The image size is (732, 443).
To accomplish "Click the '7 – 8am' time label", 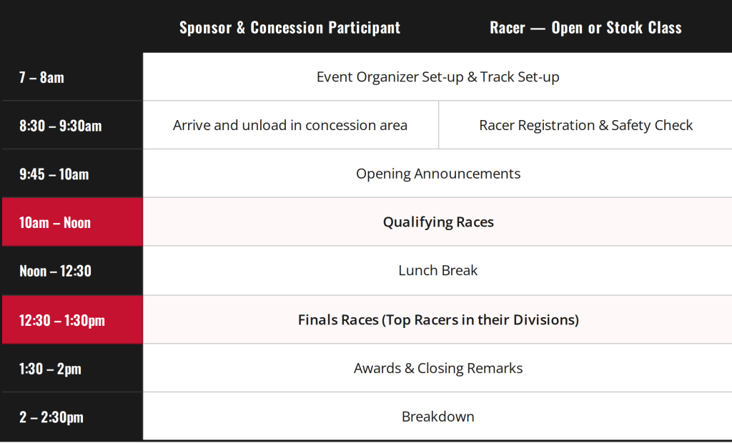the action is click(x=41, y=77).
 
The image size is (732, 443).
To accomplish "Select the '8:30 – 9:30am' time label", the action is click(x=60, y=126).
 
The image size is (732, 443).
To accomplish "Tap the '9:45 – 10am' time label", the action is click(x=54, y=174).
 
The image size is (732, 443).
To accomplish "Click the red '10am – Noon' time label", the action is click(x=54, y=223).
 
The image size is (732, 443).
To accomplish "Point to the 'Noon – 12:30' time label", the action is click(x=55, y=272).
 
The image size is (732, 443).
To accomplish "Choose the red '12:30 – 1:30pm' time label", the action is click(x=61, y=320).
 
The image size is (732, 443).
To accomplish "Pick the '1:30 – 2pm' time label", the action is click(x=50, y=369).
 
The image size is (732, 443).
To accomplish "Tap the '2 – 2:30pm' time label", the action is click(x=51, y=417).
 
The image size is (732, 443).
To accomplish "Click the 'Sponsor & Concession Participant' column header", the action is click(x=290, y=28).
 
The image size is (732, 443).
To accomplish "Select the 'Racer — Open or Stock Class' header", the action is click(x=585, y=28).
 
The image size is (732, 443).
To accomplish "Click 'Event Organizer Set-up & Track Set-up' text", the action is click(x=438, y=77).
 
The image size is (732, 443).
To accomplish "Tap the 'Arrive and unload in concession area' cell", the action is click(x=290, y=125).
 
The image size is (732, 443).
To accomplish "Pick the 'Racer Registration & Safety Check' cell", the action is click(x=586, y=125).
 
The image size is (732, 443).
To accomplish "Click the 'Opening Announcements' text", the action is click(x=438, y=174).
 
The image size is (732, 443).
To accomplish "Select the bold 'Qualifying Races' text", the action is click(x=438, y=222).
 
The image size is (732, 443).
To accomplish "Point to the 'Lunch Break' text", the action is click(x=438, y=270).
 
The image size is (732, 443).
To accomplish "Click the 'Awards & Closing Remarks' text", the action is click(x=438, y=368).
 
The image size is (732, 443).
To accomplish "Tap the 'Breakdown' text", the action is click(x=438, y=417).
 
